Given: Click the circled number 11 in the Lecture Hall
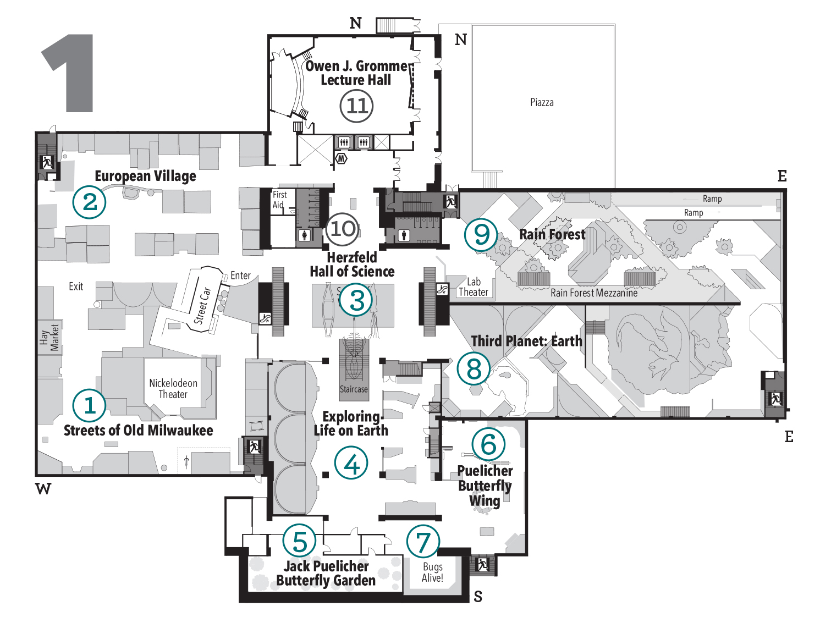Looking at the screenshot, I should pyautogui.click(x=356, y=106).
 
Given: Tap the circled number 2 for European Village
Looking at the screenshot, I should pyautogui.click(x=89, y=202).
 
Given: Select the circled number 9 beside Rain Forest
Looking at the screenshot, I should pyautogui.click(x=481, y=234).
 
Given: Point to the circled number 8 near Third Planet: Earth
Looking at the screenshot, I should pyautogui.click(x=474, y=368).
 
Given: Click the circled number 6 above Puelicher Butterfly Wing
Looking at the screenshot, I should pyautogui.click(x=488, y=444).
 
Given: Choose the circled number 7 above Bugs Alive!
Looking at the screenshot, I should pyautogui.click(x=423, y=542).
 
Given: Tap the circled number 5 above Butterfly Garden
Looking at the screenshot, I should pyautogui.click(x=300, y=541).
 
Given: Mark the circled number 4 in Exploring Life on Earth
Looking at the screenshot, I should pyautogui.click(x=351, y=463).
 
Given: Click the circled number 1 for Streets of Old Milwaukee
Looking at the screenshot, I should pyautogui.click(x=89, y=405).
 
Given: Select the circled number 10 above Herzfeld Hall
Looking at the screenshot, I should pyautogui.click(x=343, y=229).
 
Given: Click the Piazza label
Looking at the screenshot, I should pyautogui.click(x=542, y=103).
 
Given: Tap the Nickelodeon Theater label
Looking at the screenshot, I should pyautogui.click(x=173, y=389).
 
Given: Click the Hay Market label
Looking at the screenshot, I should pyautogui.click(x=49, y=337).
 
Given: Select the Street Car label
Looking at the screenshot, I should pyautogui.click(x=202, y=306).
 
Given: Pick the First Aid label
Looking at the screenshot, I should pyautogui.click(x=279, y=200).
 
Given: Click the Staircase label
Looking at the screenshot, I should pyautogui.click(x=354, y=389).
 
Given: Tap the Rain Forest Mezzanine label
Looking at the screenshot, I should pyautogui.click(x=594, y=293).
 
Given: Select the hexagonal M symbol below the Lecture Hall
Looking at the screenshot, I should pyautogui.click(x=342, y=159).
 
